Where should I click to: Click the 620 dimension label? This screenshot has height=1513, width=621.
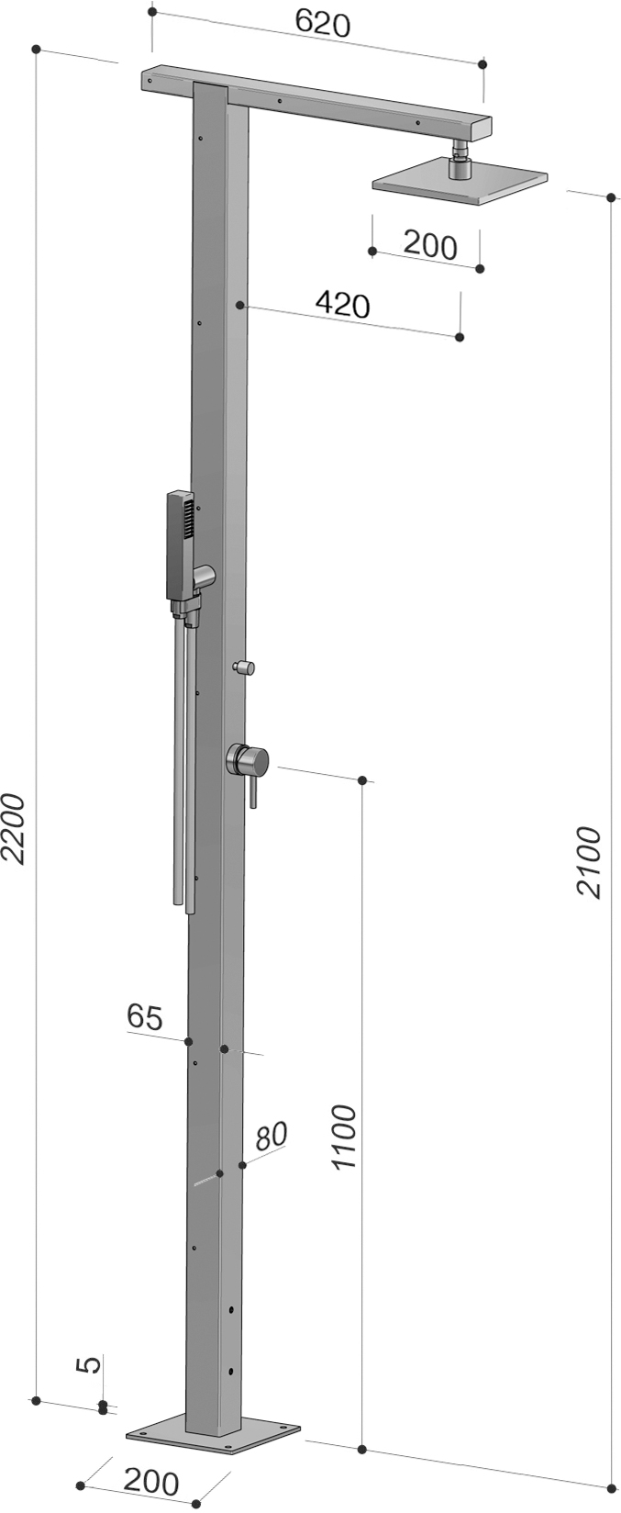coord(322,23)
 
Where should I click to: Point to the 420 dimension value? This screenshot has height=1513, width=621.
coord(341,304)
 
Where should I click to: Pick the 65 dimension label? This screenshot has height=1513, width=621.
coord(145,1016)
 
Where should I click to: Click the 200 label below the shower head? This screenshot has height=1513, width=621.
coord(429,245)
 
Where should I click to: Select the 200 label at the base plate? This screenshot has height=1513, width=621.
coord(150,1481)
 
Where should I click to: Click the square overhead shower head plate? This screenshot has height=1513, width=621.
coord(459,183)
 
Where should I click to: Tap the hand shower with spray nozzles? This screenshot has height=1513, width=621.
coord(181,545)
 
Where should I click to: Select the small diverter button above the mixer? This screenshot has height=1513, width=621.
coord(246,667)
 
